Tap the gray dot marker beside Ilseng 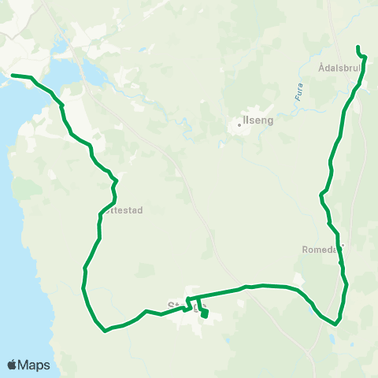click(x=239, y=124)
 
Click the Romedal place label click(x=321, y=249)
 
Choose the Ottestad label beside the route click(x=124, y=211)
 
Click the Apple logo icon click(x=13, y=365)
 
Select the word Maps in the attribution click(x=34, y=365)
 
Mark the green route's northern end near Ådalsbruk click(x=358, y=47)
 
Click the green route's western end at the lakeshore click(x=12, y=76)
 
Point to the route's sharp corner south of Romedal click(x=336, y=323)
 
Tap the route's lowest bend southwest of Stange click(x=105, y=331)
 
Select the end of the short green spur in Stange click(x=204, y=316)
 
